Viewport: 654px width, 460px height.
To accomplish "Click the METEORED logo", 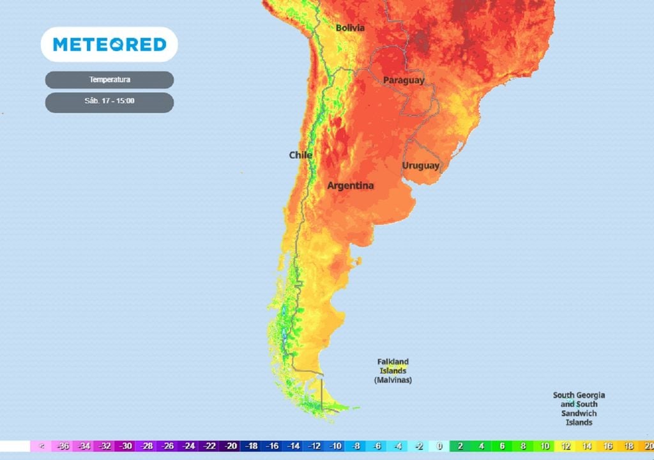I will coord(109,44).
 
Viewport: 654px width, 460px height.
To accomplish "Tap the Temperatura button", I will coord(109,80).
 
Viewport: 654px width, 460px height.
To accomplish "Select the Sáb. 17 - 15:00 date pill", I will coord(109,101).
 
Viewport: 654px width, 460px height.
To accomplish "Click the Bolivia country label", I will coord(350,27).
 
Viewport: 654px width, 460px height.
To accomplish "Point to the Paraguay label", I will coord(404,80).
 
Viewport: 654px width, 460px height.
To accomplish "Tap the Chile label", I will coord(300,155).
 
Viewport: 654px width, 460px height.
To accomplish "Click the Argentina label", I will coord(350,186).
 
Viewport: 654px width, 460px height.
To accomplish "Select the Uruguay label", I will coord(421,165).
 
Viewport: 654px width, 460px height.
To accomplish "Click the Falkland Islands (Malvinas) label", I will coord(393,371).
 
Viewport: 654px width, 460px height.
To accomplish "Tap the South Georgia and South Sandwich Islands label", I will coord(579,409).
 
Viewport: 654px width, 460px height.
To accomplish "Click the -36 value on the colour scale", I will coord(63,447).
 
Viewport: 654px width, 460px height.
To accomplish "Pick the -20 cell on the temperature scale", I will coord(231,447).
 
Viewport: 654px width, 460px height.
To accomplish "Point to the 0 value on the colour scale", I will coord(439,447).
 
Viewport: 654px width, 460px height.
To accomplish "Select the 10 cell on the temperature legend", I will coord(545,447).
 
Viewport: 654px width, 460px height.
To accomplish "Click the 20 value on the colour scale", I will coord(648,447).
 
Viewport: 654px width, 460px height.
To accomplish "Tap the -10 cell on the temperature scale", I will coord(335,447).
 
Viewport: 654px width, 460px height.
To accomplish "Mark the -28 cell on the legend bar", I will coord(147,447).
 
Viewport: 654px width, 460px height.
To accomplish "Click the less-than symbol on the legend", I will coord(42,447).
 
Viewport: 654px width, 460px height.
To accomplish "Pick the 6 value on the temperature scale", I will coord(503,447).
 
